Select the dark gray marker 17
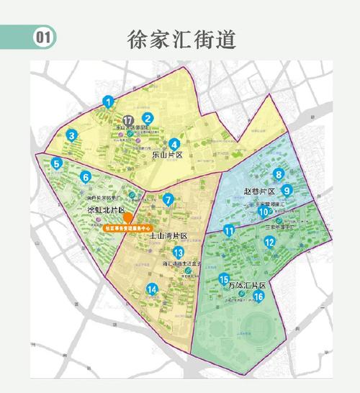(128, 120)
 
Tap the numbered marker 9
(287, 191)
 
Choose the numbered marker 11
(228, 231)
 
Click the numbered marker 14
(152, 289)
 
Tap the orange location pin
(127, 217)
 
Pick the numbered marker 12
(269, 243)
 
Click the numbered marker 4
(174, 143)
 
